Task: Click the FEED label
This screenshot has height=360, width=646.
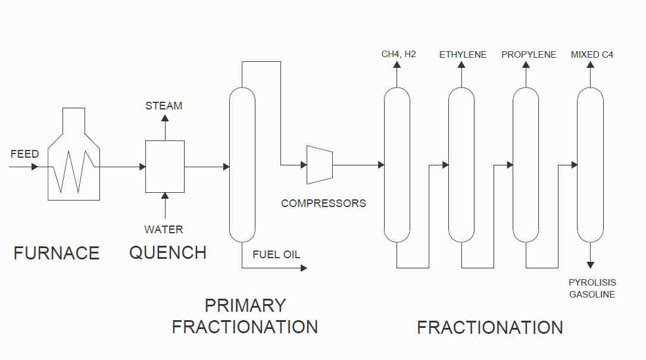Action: [25, 154]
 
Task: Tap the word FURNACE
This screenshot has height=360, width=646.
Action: [57, 253]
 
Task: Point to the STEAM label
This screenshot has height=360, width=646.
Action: [164, 106]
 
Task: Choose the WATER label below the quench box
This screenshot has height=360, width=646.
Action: [164, 230]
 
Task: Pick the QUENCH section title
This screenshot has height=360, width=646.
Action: [168, 252]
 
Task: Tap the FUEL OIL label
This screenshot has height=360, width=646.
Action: [276, 255]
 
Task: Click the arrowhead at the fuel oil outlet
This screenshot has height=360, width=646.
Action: [304, 268]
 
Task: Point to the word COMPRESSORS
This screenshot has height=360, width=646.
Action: [323, 204]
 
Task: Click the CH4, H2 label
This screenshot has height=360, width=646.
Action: [398, 54]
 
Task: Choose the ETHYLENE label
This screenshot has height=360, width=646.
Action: [463, 55]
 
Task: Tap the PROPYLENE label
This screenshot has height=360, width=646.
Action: [529, 55]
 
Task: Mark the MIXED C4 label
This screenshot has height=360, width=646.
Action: [592, 55]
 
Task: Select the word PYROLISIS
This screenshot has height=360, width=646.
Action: [592, 283]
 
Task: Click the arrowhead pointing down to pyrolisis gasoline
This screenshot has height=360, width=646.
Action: [591, 265]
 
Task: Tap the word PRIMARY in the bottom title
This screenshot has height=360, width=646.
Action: [245, 306]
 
